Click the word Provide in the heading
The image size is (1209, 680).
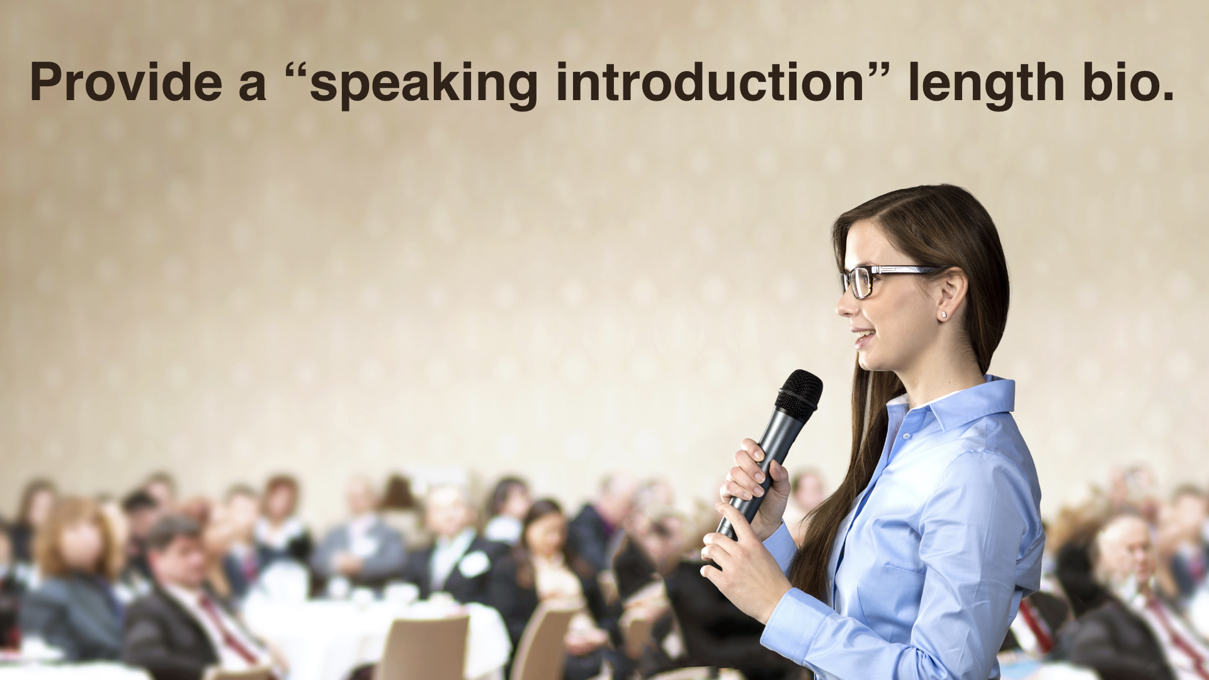(126, 82)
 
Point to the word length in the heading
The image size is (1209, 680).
(986, 86)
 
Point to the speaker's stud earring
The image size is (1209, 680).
(943, 314)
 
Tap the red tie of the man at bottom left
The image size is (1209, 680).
(227, 630)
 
